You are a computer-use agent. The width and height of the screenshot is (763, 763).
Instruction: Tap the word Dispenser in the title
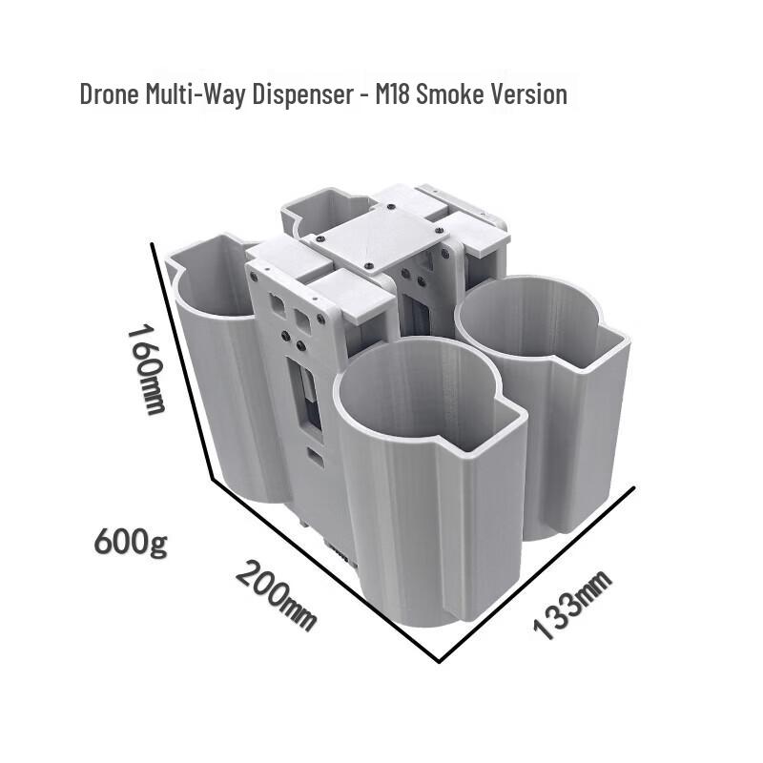[x=302, y=94]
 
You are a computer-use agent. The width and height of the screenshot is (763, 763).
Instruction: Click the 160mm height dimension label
[x=147, y=370]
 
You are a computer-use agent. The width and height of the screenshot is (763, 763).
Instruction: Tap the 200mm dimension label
[x=276, y=595]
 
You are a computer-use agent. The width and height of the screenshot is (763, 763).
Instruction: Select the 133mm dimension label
[x=572, y=604]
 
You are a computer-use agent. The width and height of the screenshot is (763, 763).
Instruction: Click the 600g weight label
[x=131, y=541]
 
